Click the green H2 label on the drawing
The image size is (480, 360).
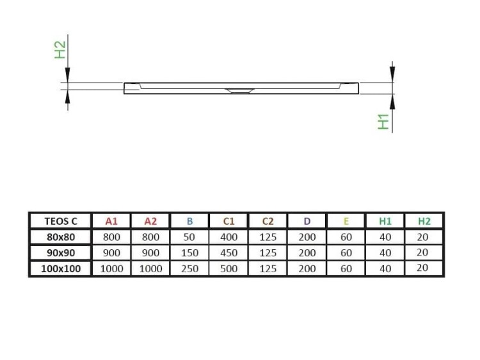(x=60, y=50)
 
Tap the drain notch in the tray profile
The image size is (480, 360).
(x=241, y=90)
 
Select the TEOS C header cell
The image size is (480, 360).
(x=61, y=221)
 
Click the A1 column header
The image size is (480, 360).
(x=111, y=221)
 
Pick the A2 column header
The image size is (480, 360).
(x=150, y=221)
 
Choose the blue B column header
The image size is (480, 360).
(x=189, y=221)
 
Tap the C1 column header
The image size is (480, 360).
(x=228, y=221)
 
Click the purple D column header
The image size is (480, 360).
(x=307, y=221)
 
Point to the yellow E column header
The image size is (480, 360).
(x=346, y=221)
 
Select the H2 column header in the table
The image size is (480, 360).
(x=424, y=221)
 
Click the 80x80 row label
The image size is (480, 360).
(x=61, y=236)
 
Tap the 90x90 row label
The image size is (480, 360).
(x=61, y=252)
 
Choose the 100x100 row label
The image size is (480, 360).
(x=61, y=268)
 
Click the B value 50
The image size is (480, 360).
(x=189, y=236)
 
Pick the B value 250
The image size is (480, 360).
(x=189, y=268)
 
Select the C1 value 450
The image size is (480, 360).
(x=228, y=252)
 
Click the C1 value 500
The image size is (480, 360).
(x=228, y=268)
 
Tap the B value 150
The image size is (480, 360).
(x=189, y=252)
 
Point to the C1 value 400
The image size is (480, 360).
(x=228, y=236)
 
